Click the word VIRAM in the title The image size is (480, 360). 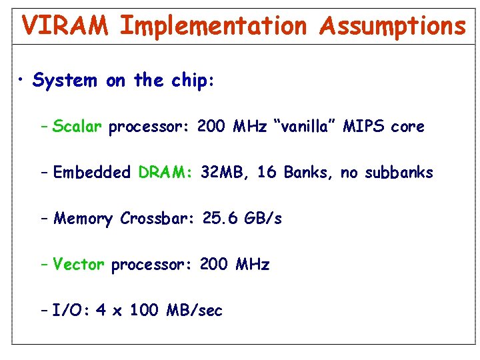[65, 26]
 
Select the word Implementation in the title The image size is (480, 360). [213, 26]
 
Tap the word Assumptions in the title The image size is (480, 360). [392, 26]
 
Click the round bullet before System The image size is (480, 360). [22, 81]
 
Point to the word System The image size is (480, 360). [65, 81]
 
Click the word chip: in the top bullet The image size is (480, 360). [192, 81]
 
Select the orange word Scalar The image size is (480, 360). [77, 127]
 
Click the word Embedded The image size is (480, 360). [92, 173]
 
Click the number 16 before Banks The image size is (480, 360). [267, 173]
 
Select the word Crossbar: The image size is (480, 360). [156, 219]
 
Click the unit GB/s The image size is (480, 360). [265, 219]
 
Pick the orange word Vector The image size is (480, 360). [79, 265]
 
